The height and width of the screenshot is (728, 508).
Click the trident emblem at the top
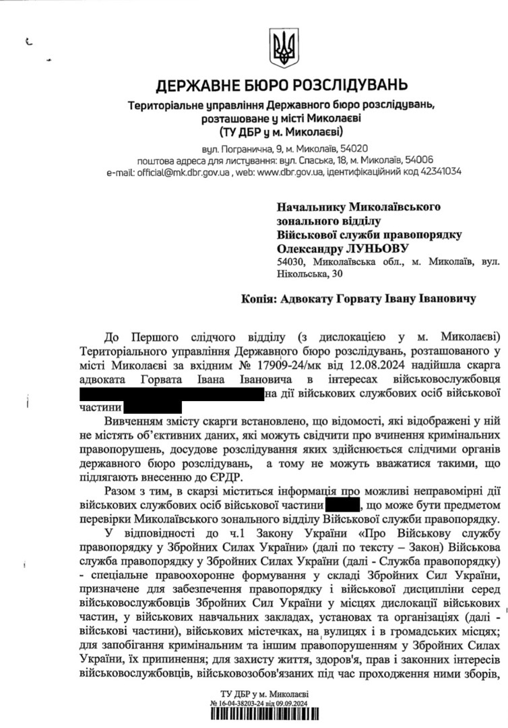tap(282, 46)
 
